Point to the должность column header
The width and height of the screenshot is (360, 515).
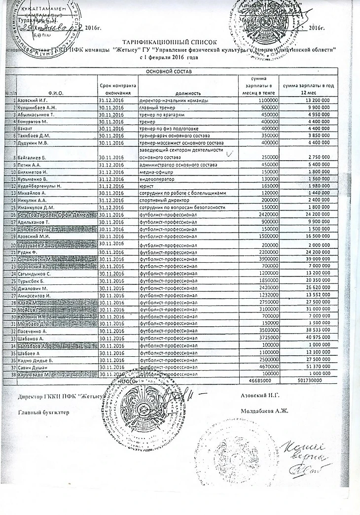187,93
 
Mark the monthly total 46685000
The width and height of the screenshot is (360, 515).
259,381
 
